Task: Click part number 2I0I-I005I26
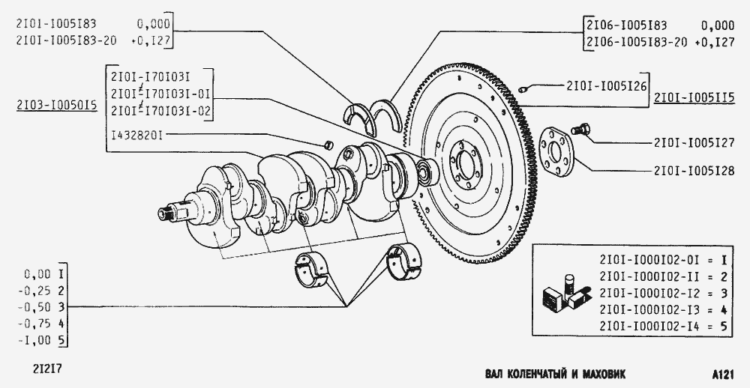coord(606,86)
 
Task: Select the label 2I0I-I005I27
coord(694,142)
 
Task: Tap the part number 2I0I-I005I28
coord(694,171)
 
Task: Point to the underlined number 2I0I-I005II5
coord(694,98)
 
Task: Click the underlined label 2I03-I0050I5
coord(56,105)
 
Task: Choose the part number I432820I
coord(136,136)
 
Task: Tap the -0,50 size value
coord(34,307)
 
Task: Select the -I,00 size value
coord(34,340)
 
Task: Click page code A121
coord(722,375)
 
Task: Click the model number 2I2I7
coord(47,369)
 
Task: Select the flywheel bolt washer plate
coord(556,152)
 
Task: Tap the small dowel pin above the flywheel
coord(523,88)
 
